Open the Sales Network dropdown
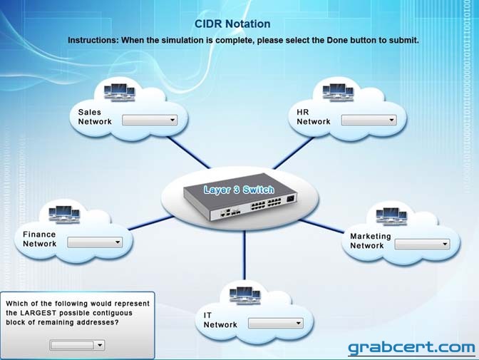click(150, 120)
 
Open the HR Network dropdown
click(369, 120)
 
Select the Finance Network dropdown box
click(95, 242)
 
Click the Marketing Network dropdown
click(422, 245)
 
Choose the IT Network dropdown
click(276, 324)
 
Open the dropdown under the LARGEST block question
click(77, 345)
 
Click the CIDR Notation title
click(232, 24)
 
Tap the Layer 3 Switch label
click(239, 190)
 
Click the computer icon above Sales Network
click(119, 93)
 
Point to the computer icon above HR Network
click(338, 92)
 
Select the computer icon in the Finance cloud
click(64, 215)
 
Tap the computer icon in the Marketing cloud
click(391, 216)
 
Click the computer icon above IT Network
click(245, 296)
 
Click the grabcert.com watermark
click(411, 348)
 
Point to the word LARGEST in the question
click(38, 313)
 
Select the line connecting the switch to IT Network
click(244, 255)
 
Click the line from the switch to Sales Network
click(189, 153)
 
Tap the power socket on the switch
click(291, 200)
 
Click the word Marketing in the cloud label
click(371, 236)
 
